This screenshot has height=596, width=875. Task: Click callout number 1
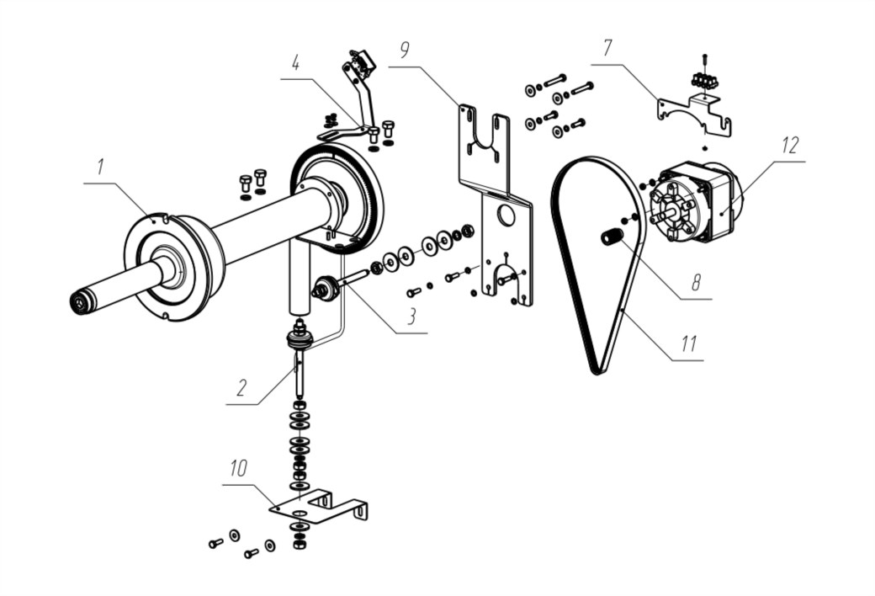click(x=100, y=167)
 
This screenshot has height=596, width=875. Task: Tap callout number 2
click(x=241, y=387)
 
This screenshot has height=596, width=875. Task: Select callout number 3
click(x=411, y=317)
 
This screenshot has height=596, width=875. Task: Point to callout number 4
click(x=296, y=63)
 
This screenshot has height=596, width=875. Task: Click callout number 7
click(x=607, y=48)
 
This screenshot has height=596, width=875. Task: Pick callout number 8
click(x=696, y=283)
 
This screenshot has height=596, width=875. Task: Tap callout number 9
click(x=405, y=50)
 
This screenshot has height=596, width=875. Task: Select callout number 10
click(x=238, y=468)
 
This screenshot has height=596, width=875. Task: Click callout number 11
click(x=688, y=343)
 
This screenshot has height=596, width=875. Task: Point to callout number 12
click(x=790, y=145)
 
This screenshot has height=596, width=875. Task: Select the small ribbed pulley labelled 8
click(x=611, y=236)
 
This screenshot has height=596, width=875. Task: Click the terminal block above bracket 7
click(x=704, y=81)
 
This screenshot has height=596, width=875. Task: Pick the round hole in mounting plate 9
click(x=506, y=213)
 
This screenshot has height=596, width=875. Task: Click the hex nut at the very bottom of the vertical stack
click(x=300, y=543)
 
